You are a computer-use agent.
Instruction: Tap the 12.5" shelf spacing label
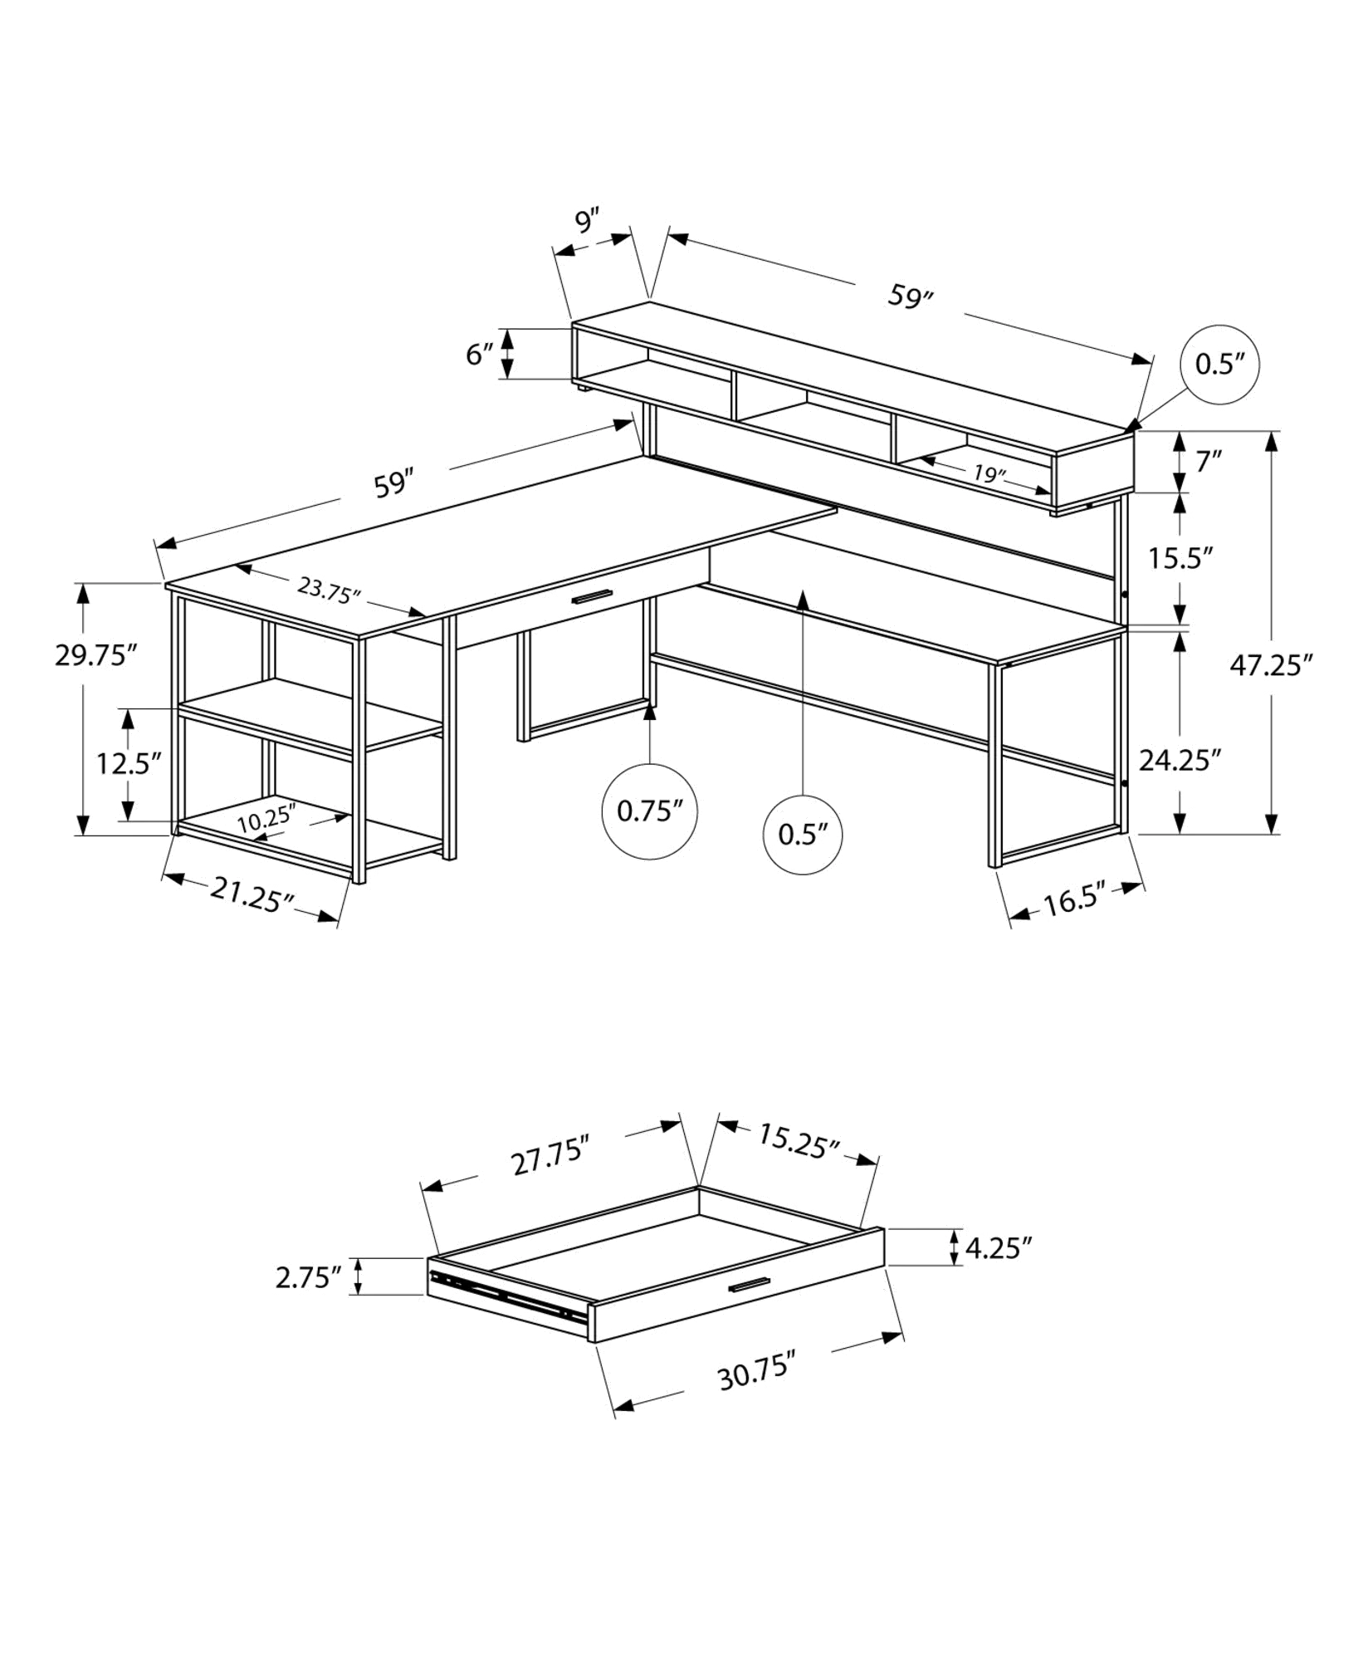click(x=127, y=763)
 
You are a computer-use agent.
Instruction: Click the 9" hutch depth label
click(x=587, y=222)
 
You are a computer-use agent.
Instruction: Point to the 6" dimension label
click(x=481, y=355)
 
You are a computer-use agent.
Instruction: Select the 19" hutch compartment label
click(x=989, y=475)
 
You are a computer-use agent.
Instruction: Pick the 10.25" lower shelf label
click(x=266, y=821)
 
